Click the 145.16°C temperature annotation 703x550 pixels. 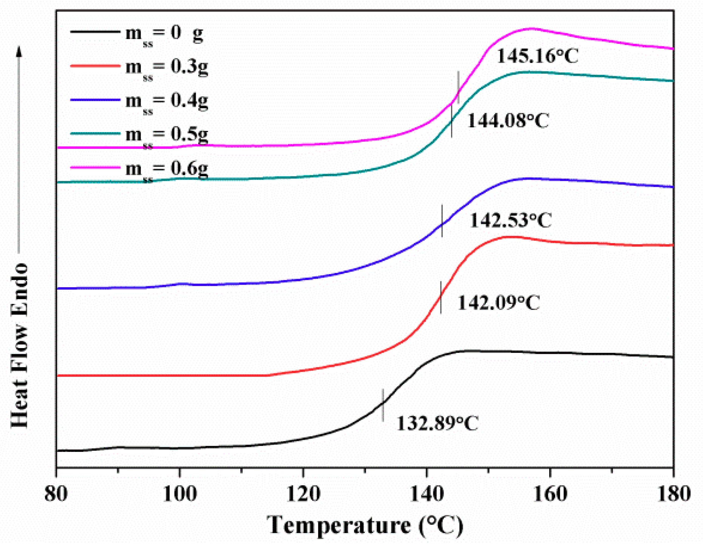coord(537,56)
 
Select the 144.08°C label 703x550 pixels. coord(508,121)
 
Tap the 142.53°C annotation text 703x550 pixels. coord(510,220)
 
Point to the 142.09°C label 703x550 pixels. coord(498,303)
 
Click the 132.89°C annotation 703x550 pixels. coord(437,423)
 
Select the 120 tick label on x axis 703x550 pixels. coord(303,494)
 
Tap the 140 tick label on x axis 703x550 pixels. coord(426,494)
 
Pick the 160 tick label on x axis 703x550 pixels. coord(550,494)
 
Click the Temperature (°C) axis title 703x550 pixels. coord(365,525)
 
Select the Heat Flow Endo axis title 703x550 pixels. coord(20,345)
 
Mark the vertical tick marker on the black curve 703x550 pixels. coord(383,405)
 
